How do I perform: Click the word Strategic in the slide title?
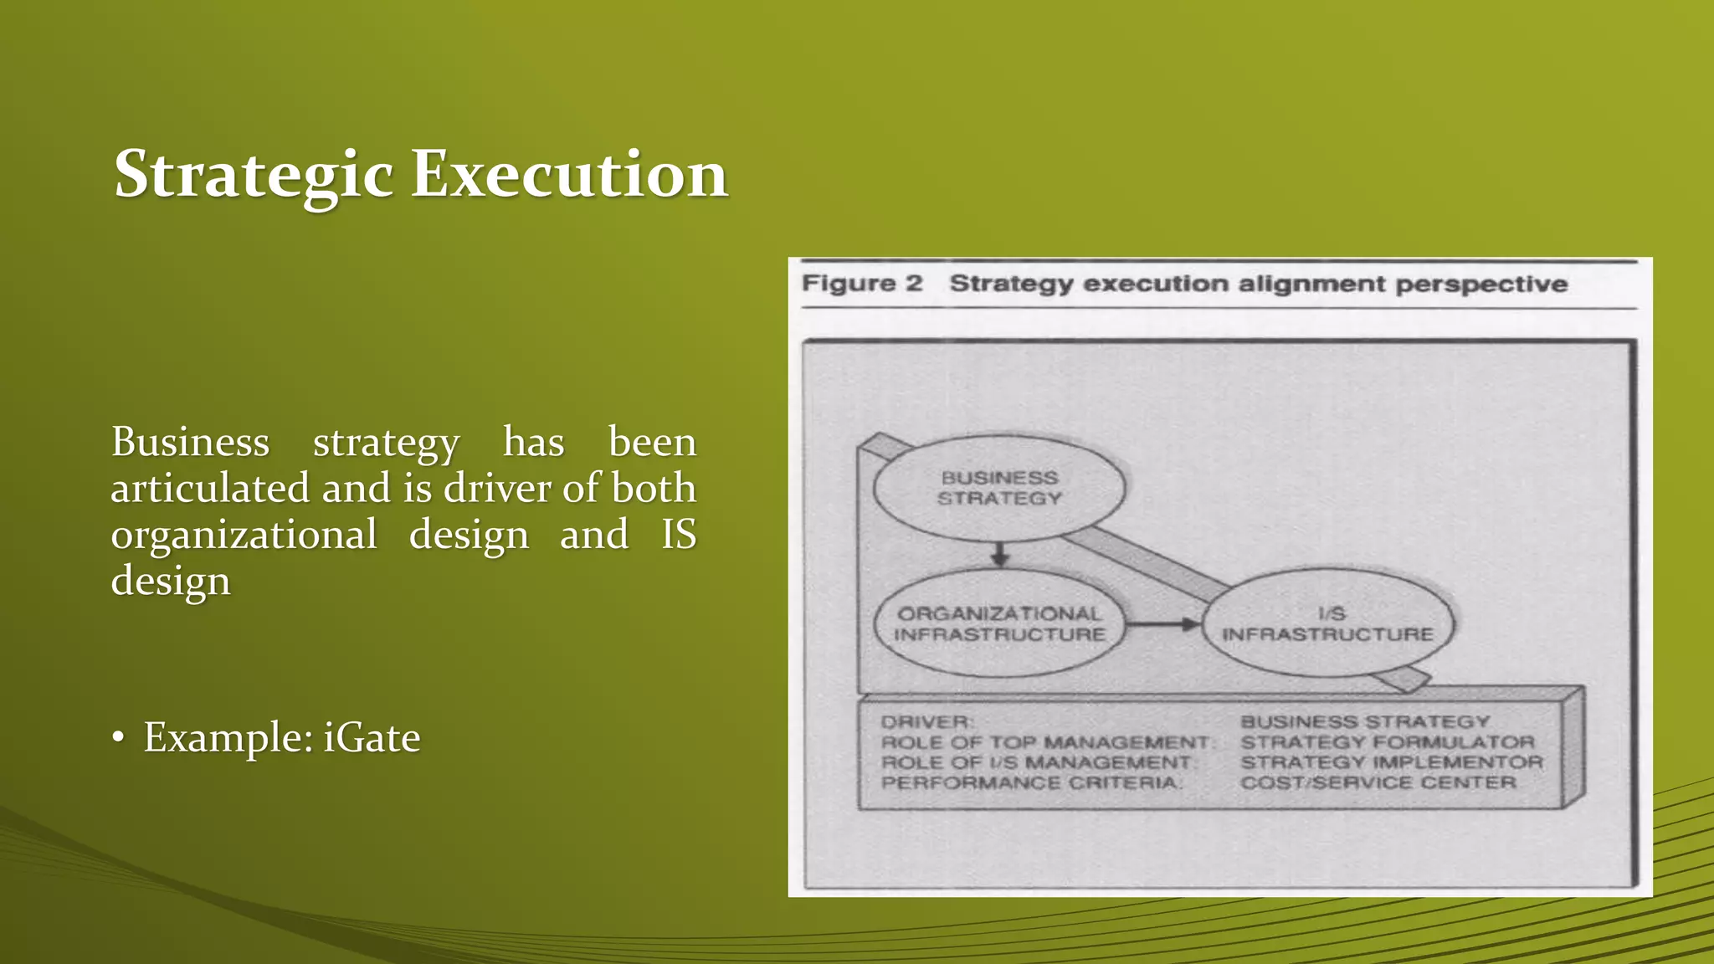254,174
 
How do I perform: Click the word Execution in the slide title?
569,174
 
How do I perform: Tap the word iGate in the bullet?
372,737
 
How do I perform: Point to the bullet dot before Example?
119,738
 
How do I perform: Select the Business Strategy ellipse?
999,488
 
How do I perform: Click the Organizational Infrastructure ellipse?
999,624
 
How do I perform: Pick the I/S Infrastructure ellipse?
1327,624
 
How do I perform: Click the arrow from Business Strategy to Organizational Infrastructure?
999,553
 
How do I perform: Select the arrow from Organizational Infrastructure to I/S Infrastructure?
1162,624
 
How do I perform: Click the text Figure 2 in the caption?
862,284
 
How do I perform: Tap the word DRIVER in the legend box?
926,722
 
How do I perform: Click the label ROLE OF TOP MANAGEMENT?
1045,742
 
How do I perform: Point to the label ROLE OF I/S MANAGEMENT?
1036,762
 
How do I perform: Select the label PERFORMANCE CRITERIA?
1030,783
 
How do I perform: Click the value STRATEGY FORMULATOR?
1387,742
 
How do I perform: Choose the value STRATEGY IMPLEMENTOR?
1391,762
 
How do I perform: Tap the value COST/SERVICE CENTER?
1378,783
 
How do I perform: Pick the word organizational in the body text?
244,535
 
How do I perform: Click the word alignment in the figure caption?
1311,285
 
